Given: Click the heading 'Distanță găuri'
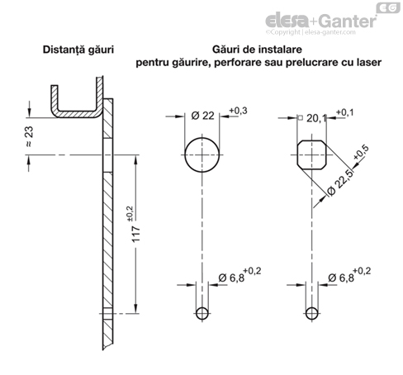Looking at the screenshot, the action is pyautogui.click(x=78, y=50).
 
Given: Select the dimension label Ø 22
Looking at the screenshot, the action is pyautogui.click(x=202, y=116).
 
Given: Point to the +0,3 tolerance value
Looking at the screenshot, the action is pyautogui.click(x=238, y=111).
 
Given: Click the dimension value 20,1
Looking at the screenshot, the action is pyautogui.click(x=316, y=118).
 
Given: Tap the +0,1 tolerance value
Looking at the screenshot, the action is pyautogui.click(x=344, y=112).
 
